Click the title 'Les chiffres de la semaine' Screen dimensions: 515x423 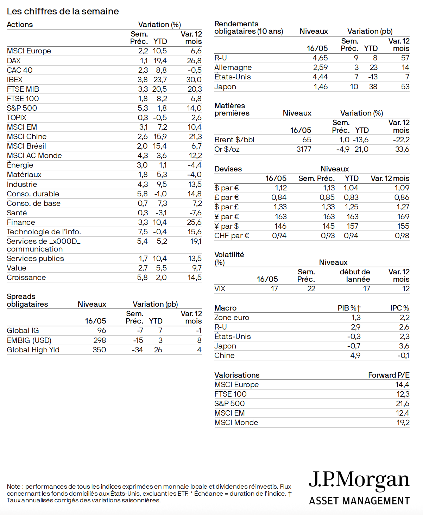coord(63,11)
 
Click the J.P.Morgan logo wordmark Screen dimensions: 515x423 coord(359,480)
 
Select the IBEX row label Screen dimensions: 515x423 coord(14,80)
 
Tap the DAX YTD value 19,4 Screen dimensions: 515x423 coord(160,61)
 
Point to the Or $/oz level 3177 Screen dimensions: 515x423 coord(304,149)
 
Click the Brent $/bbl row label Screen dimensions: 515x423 coord(234,140)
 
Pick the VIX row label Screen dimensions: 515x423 coord(220,289)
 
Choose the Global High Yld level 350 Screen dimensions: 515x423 coord(99,350)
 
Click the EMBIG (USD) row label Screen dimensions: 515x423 coord(29,340)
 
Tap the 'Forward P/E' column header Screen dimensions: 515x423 coord(389,375)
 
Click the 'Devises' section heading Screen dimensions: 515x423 coord(228,169)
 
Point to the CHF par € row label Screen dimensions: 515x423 coord(232,236)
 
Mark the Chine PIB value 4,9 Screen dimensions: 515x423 coord(355,356)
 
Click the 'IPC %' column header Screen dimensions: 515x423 coord(399,308)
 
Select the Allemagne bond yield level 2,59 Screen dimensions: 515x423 coord(320,67)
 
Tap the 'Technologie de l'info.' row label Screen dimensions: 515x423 coord(44,232)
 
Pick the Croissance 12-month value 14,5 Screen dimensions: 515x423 coord(195,278)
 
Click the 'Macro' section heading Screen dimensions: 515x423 coord(225,308)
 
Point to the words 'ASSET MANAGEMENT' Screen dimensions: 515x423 coord(359,501)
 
